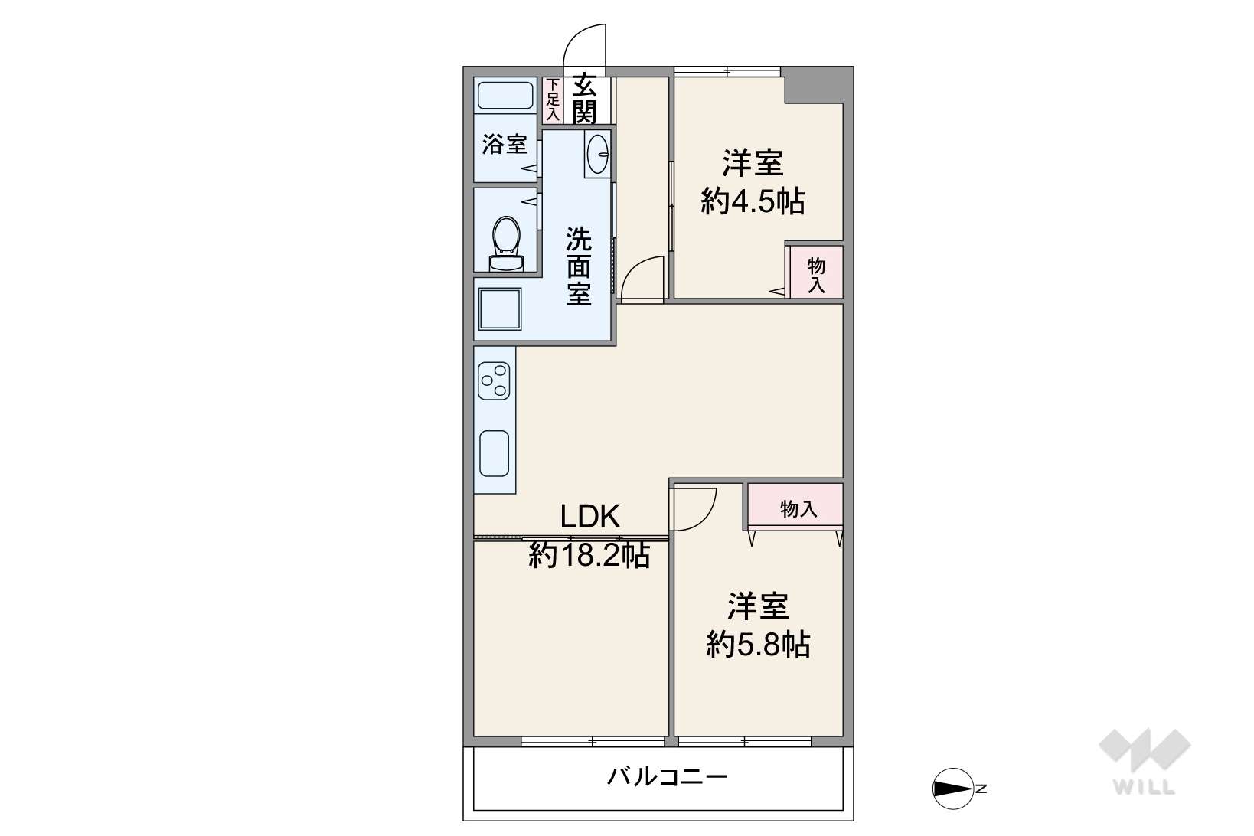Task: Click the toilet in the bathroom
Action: pyautogui.click(x=506, y=244)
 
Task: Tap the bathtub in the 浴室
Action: pyautogui.click(x=505, y=96)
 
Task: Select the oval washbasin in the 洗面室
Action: pyautogui.click(x=598, y=153)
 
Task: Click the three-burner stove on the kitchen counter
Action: pyautogui.click(x=494, y=380)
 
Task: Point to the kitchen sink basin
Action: pyautogui.click(x=494, y=453)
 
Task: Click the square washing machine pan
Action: pyautogui.click(x=499, y=309)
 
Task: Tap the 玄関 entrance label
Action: pyautogui.click(x=584, y=99)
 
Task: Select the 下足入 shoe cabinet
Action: pyautogui.click(x=553, y=100)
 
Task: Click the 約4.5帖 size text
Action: pyautogui.click(x=753, y=201)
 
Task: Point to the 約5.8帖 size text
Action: pyautogui.click(x=757, y=645)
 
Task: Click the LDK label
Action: pyautogui.click(x=590, y=516)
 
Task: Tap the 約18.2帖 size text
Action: pyautogui.click(x=589, y=556)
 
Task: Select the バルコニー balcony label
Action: pyautogui.click(x=667, y=777)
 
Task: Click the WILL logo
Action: pyautogui.click(x=1145, y=762)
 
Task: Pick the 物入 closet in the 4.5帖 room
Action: pyautogui.click(x=816, y=272)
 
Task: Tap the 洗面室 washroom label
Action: pyautogui.click(x=578, y=266)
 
